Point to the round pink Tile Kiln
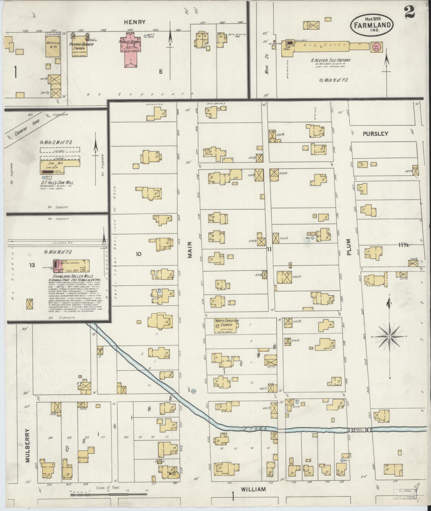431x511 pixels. click(x=375, y=46)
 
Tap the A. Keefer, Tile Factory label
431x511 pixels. click(x=330, y=60)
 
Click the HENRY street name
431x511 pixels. click(x=138, y=22)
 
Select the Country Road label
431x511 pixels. click(x=24, y=127)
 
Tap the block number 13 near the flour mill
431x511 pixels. click(x=32, y=265)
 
